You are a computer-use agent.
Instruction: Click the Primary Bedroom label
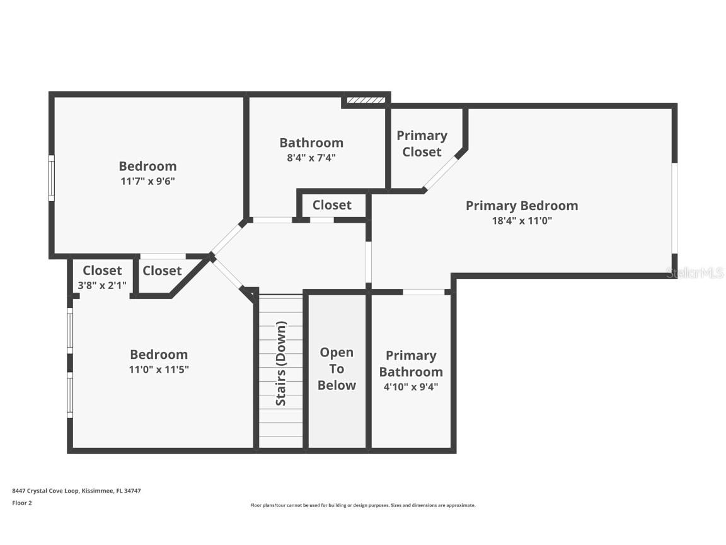(521, 206)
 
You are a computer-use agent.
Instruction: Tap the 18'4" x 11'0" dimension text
(521, 221)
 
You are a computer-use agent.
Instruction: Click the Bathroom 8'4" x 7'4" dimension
(311, 158)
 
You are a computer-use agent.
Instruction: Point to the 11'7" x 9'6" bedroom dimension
(147, 181)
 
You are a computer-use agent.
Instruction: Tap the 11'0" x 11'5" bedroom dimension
(159, 369)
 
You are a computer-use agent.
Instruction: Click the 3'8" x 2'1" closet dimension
(102, 285)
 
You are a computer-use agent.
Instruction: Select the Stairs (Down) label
(281, 364)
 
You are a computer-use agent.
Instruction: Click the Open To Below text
(337, 369)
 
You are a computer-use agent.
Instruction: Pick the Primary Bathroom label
(411, 363)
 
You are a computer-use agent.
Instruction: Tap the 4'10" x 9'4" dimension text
(411, 386)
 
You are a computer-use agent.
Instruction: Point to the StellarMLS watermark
(694, 272)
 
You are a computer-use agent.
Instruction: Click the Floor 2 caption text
(21, 503)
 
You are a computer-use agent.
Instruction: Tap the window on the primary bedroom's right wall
(674, 208)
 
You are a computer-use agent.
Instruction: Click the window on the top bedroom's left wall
(52, 179)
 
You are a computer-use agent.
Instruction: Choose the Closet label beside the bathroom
(331, 205)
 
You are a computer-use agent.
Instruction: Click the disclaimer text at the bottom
(362, 505)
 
